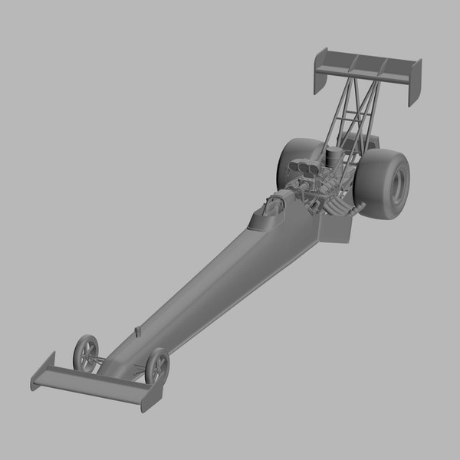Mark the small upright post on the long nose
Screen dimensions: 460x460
pos(137,331)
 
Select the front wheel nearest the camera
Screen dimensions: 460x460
pos(156,366)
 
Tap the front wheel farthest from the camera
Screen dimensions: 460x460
pos(86,352)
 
